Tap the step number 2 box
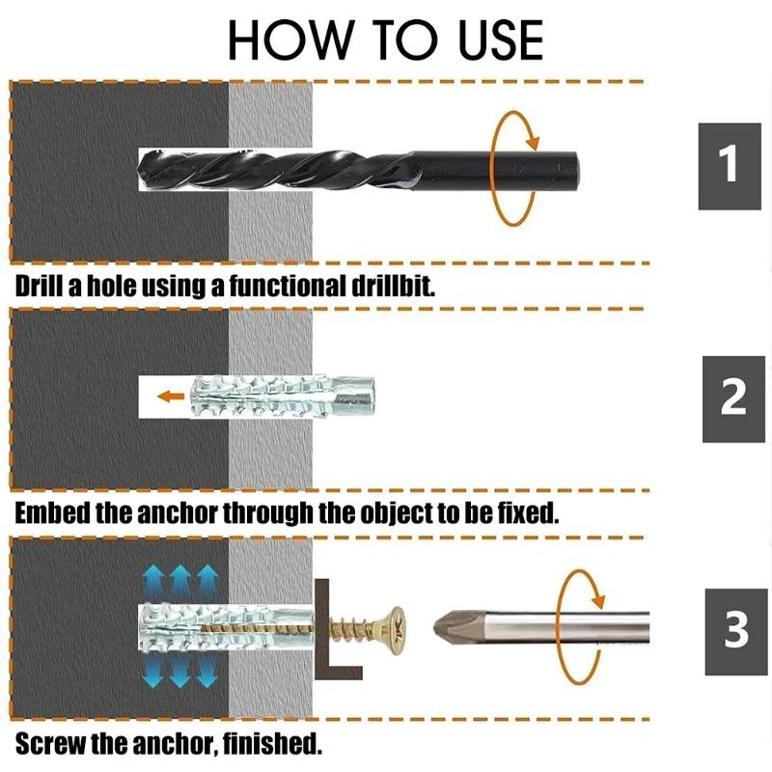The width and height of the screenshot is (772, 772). tap(733, 399)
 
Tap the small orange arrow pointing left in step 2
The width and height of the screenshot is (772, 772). tap(172, 396)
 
